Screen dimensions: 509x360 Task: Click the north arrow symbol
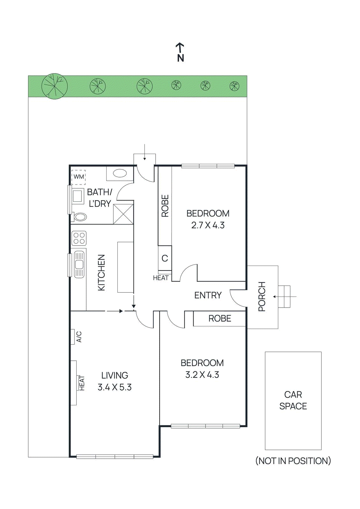[180, 52]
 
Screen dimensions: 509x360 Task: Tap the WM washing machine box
[79, 177]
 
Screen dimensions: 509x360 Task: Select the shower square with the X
[124, 214]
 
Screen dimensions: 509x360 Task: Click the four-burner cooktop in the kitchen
[79, 238]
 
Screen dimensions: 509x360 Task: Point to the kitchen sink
[79, 264]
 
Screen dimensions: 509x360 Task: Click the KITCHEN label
[101, 272]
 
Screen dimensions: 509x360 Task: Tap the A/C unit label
[79, 337]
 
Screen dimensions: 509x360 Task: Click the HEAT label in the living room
[82, 383]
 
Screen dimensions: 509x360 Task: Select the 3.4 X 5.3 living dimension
[115, 387]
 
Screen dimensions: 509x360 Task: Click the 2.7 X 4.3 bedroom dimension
[208, 225]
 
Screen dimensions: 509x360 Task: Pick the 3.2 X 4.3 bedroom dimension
[202, 375]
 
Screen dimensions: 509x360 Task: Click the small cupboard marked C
[165, 258]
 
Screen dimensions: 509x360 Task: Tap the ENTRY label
[208, 295]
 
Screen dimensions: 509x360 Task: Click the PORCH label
[262, 296]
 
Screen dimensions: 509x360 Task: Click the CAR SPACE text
[293, 400]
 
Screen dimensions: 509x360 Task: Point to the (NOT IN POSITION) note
[293, 461]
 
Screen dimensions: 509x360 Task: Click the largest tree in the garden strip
[54, 86]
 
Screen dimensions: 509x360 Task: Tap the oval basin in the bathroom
[120, 173]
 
